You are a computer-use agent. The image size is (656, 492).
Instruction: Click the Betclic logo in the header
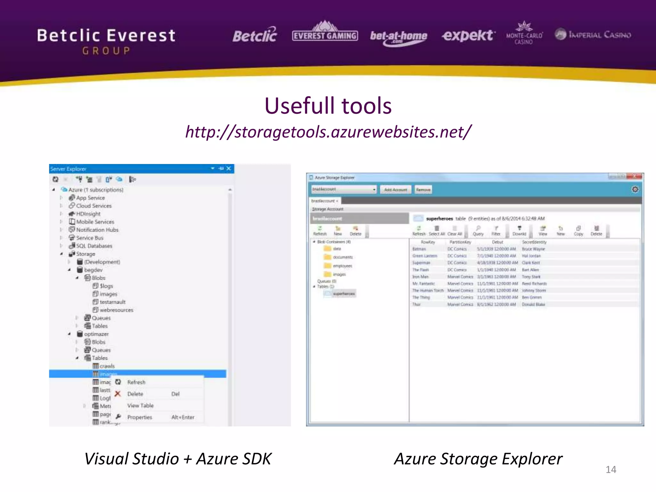pyautogui.click(x=255, y=35)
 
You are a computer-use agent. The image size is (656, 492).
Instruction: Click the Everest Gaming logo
pyautogui.click(x=325, y=32)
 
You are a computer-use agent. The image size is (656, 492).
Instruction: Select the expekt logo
pyautogui.click(x=468, y=35)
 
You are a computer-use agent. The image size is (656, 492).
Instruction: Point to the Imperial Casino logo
pyautogui.click(x=593, y=35)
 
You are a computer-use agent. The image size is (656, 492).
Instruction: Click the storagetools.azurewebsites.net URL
pyautogui.click(x=328, y=132)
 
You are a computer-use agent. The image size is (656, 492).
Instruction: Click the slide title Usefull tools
pyautogui.click(x=328, y=106)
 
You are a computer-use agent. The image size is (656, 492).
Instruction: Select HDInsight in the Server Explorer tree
pyautogui.click(x=88, y=214)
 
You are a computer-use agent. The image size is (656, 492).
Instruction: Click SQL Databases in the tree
pyautogui.click(x=94, y=246)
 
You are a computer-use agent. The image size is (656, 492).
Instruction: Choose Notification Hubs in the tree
pyautogui.click(x=97, y=230)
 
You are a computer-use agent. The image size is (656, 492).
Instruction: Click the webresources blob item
pyautogui.click(x=116, y=310)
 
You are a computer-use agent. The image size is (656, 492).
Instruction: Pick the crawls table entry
pyautogui.click(x=107, y=366)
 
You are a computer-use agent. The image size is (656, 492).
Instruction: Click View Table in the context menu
pyautogui.click(x=140, y=406)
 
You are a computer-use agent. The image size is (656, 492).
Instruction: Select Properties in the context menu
pyautogui.click(x=140, y=417)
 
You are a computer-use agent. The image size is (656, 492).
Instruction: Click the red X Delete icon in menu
pyautogui.click(x=118, y=394)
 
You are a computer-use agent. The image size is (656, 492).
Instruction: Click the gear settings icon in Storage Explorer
pyautogui.click(x=635, y=189)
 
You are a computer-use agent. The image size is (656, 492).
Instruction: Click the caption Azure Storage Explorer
pyautogui.click(x=478, y=459)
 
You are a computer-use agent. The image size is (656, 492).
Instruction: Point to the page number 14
pyautogui.click(x=611, y=470)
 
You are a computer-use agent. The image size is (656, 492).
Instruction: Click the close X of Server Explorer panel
pyautogui.click(x=228, y=168)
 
